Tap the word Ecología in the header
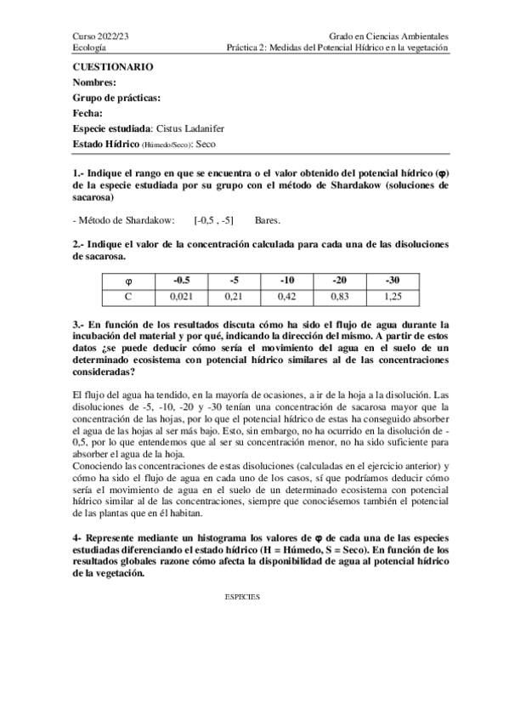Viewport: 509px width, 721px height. click(x=89, y=48)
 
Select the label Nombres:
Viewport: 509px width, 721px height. click(x=94, y=82)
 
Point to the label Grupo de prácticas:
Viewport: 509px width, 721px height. click(x=116, y=98)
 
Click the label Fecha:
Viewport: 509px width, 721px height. click(x=88, y=113)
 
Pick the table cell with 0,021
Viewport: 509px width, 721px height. click(x=181, y=296)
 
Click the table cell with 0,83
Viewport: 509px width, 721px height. click(x=338, y=296)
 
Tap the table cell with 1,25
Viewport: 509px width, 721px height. click(x=391, y=296)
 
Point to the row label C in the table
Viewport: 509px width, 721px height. click(x=128, y=296)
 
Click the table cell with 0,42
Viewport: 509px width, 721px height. click(x=286, y=296)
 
